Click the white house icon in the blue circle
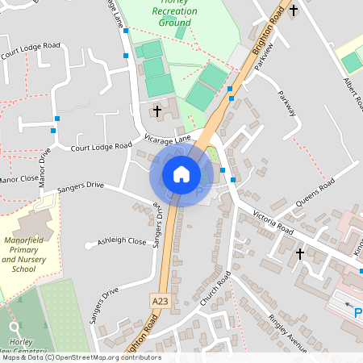pyautogui.click(x=181, y=173)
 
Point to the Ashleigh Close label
pyautogui.click(x=122, y=241)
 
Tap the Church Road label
pyautogui.click(x=215, y=288)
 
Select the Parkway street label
pyautogui.click(x=287, y=104)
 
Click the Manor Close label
pyautogui.click(x=18, y=179)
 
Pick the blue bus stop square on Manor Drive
pyautogui.click(x=53, y=129)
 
